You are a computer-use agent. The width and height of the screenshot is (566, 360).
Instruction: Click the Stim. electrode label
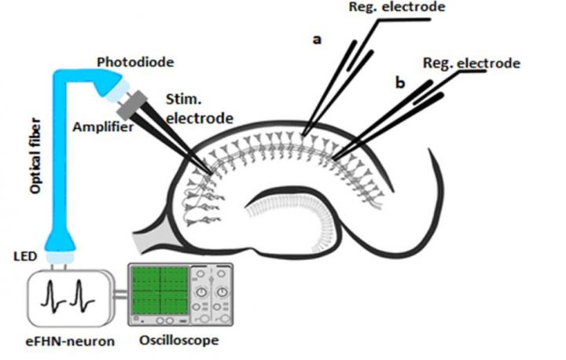pos(200,109)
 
